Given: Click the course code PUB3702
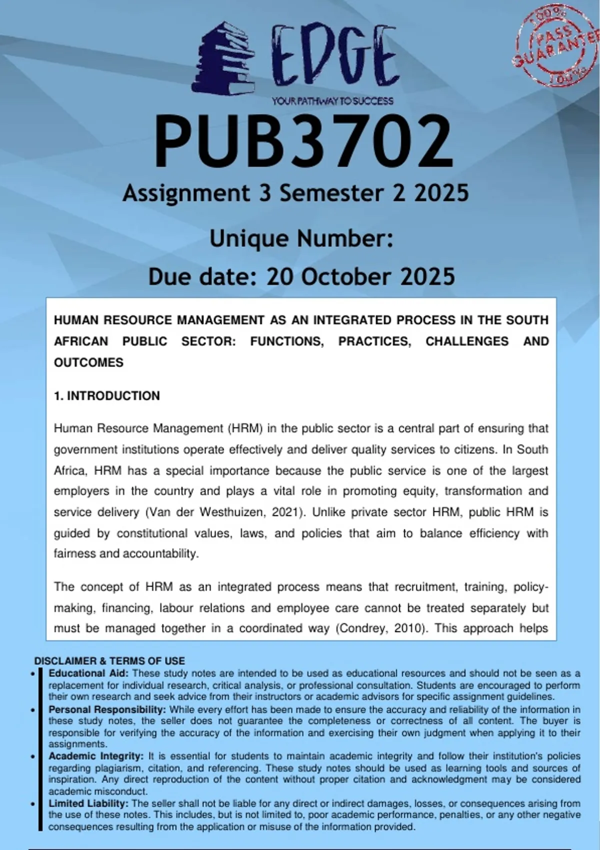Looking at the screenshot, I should coord(303,142).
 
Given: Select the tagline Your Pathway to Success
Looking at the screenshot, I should coord(332,101).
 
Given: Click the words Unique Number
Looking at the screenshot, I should coord(301,238).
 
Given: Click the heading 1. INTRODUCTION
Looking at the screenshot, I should coord(107,396).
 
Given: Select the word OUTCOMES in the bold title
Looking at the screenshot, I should coord(88,362).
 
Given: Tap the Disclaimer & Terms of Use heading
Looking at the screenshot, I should coord(109,661).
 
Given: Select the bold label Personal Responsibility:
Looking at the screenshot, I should coord(107,709).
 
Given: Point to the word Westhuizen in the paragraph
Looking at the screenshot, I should coord(233,512).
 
